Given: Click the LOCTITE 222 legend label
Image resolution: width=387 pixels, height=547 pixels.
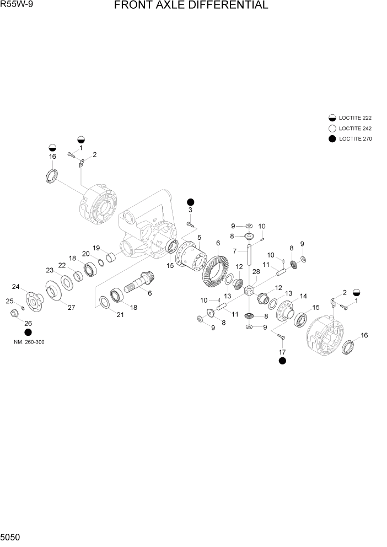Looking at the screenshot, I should [356, 118].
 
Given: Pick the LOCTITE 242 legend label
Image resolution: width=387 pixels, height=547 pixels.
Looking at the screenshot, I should [356, 128].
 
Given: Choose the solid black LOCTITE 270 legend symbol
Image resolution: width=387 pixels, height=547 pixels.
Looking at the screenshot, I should [332, 139].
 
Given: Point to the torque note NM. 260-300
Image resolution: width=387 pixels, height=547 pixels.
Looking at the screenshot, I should [29, 342].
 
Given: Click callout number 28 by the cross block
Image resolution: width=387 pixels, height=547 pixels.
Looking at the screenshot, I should [255, 272].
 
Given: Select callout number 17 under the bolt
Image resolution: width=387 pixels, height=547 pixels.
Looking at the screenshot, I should [282, 351].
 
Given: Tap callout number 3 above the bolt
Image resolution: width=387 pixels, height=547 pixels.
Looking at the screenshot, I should [190, 210].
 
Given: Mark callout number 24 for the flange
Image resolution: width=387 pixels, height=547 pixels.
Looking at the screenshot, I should [16, 286].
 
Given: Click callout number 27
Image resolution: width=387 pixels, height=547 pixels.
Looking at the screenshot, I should [71, 308].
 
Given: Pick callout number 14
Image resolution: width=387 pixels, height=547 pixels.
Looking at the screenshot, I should [303, 296].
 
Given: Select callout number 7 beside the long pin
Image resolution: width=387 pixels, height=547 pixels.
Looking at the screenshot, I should [234, 251].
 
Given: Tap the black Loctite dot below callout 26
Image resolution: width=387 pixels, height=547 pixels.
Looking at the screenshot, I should [28, 333].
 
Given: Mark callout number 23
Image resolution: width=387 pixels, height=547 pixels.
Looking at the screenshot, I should [50, 270].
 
